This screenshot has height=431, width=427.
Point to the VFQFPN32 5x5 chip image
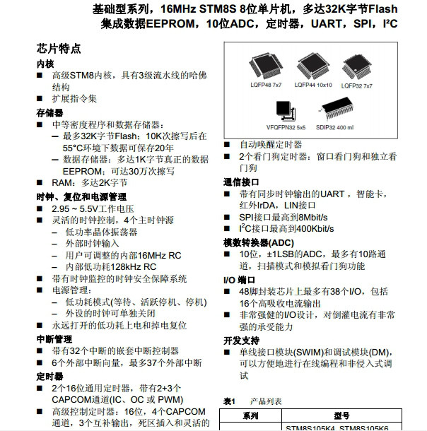pos(287,113)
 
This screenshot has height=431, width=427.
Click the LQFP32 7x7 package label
pos(358,85)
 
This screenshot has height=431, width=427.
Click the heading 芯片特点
pos(59,49)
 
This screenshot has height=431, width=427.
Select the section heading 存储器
pos(49,112)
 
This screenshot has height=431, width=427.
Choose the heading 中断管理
pos(54,338)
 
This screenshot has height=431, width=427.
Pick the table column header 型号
pos(341,416)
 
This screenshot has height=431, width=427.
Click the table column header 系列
pos(251,416)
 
